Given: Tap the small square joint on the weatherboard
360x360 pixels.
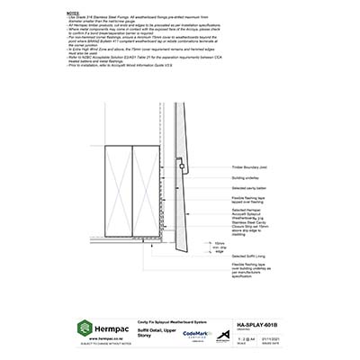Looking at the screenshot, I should click(191, 211).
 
